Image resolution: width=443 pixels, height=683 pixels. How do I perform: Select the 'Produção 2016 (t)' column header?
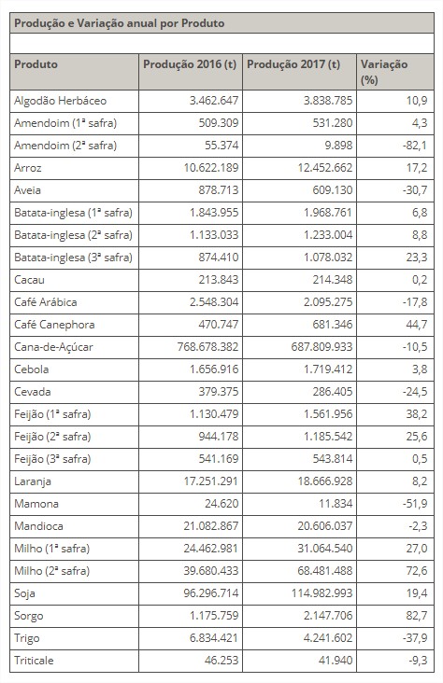(189, 64)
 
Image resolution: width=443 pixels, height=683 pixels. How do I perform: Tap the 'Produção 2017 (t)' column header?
(293, 64)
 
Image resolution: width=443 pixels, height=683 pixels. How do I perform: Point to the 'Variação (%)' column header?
(383, 71)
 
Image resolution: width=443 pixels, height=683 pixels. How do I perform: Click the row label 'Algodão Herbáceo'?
(60, 100)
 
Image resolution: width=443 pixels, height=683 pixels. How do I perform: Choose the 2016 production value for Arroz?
(207, 168)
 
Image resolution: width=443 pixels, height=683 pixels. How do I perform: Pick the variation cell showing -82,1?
(412, 145)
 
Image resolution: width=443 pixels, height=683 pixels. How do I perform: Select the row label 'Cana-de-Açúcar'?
(54, 347)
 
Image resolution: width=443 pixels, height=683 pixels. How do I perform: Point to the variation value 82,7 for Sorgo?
(414, 615)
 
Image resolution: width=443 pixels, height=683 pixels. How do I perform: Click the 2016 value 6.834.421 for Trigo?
(210, 637)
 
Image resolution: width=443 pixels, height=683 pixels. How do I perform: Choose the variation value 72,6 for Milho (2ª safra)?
(414, 570)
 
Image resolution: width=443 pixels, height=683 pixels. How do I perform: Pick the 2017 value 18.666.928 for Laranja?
(315, 481)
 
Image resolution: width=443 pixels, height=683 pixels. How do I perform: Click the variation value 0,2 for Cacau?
(418, 280)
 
